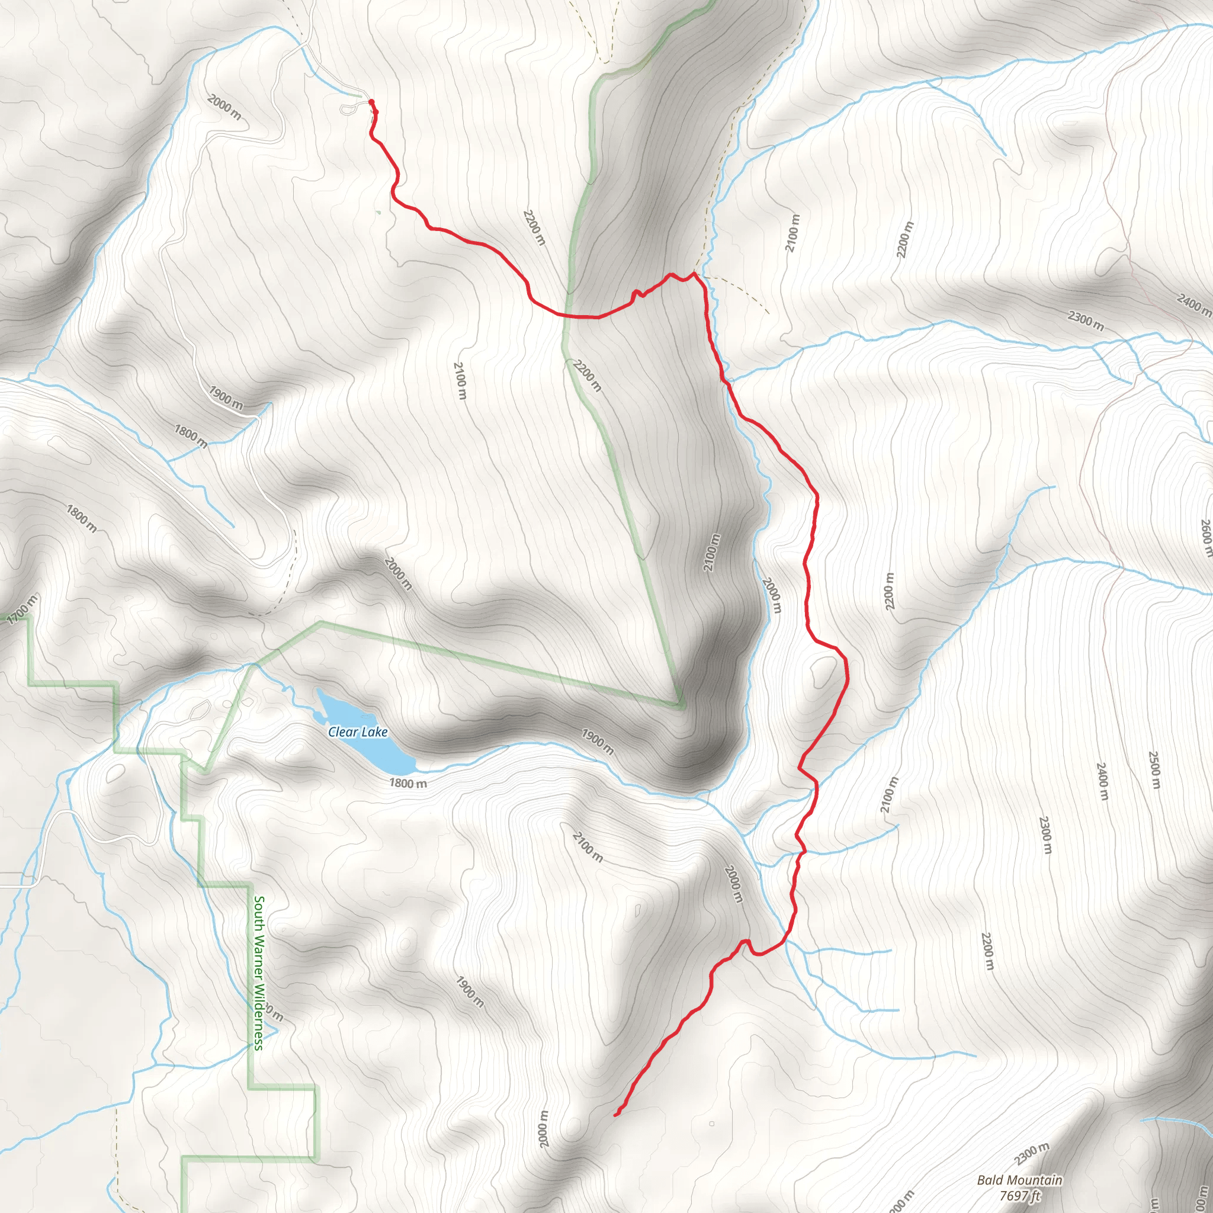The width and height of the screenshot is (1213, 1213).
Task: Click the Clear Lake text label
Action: pyautogui.click(x=357, y=731)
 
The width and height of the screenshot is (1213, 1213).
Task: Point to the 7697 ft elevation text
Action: pyautogui.click(x=1020, y=1195)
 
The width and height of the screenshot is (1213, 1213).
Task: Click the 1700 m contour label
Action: pyautogui.click(x=23, y=609)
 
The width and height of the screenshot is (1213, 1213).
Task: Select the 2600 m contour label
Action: pyautogui.click(x=1206, y=537)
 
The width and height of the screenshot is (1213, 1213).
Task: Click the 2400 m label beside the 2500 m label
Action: pyautogui.click(x=1102, y=781)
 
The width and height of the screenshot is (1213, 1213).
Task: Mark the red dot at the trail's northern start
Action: pyautogui.click(x=371, y=102)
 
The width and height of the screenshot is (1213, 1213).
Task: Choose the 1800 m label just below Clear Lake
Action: pyautogui.click(x=407, y=783)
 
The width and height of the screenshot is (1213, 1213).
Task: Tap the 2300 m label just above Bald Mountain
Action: pyautogui.click(x=1032, y=1154)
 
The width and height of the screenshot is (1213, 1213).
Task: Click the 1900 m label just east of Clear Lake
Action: pyautogui.click(x=597, y=742)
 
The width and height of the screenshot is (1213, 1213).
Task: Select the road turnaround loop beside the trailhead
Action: pyautogui.click(x=349, y=109)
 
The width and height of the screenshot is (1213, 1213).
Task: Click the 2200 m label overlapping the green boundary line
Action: pyautogui.click(x=587, y=375)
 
